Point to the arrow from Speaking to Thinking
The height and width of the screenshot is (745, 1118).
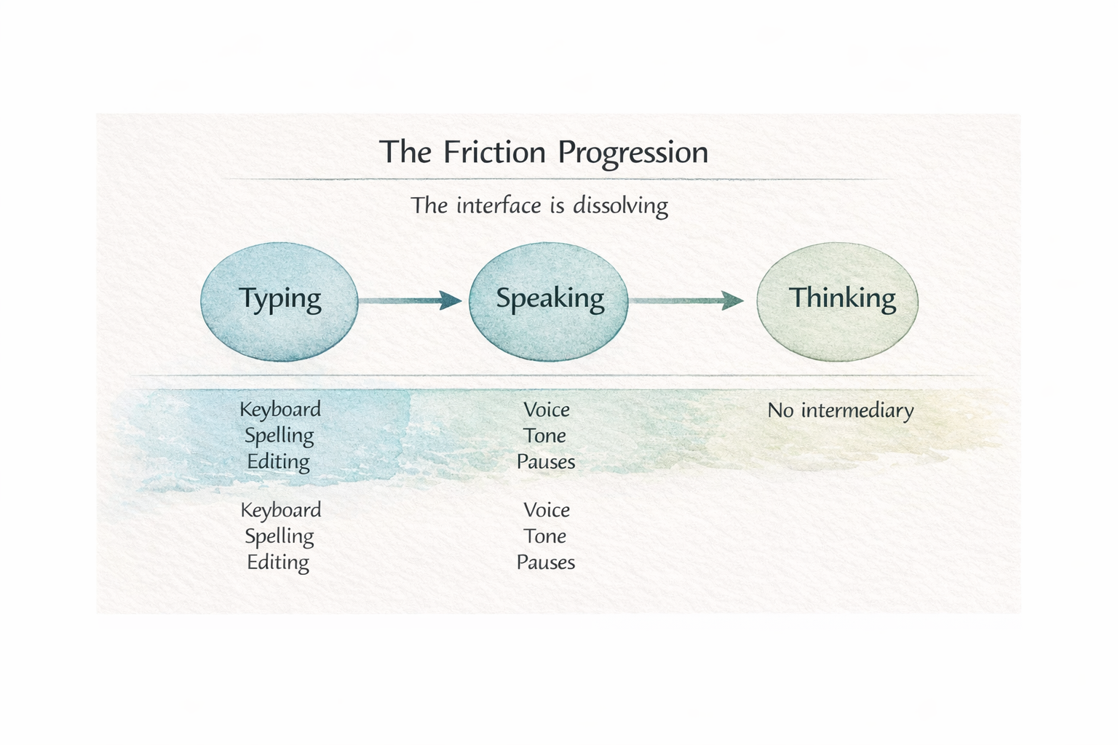coord(686,300)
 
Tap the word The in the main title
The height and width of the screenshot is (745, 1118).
coord(406,153)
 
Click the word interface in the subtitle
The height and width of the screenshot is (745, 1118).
coord(499,206)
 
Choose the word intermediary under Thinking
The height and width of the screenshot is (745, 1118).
coord(857,411)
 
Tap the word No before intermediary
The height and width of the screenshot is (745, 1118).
coord(780,411)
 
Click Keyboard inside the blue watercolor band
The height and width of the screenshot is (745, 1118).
coord(280,410)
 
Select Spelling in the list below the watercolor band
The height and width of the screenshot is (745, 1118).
coord(279,537)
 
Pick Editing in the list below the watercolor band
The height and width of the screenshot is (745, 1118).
coord(278,562)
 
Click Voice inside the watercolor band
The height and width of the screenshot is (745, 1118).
coord(547,410)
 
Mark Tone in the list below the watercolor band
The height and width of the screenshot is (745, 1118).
coord(545,537)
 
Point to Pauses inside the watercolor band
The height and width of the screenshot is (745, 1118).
coord(546,462)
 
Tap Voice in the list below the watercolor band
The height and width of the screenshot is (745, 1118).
coord(547,511)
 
